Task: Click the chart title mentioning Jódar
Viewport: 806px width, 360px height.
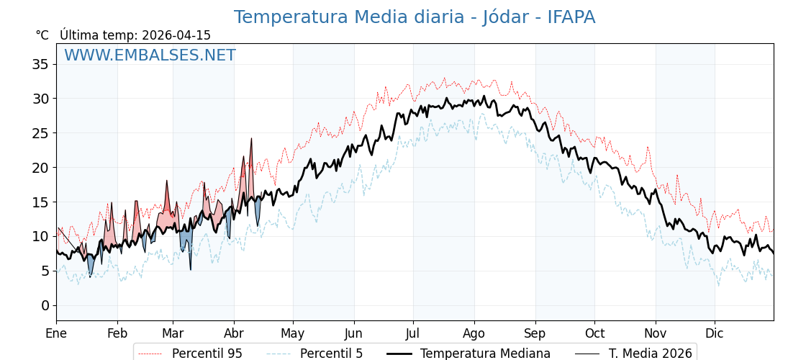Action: [414, 17]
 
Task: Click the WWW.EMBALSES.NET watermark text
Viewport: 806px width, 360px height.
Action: [150, 55]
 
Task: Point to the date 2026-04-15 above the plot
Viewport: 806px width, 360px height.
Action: [176, 35]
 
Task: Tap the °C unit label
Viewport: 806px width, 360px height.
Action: [42, 35]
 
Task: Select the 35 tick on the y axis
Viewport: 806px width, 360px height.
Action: [40, 64]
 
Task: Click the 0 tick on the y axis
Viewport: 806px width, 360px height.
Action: [45, 305]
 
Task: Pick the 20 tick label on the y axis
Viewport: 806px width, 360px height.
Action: [40, 168]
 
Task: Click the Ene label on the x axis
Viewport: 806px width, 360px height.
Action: [56, 333]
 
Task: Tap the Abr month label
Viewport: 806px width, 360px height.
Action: [234, 333]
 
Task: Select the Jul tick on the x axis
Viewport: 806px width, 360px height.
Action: [413, 333]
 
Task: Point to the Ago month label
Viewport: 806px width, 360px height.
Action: [474, 333]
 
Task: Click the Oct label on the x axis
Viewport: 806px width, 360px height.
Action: [594, 333]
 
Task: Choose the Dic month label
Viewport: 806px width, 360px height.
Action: [715, 333]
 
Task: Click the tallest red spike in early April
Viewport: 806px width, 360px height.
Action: [251, 138]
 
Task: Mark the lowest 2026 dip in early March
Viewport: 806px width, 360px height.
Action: [191, 269]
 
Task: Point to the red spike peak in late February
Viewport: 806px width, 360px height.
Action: [167, 181]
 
